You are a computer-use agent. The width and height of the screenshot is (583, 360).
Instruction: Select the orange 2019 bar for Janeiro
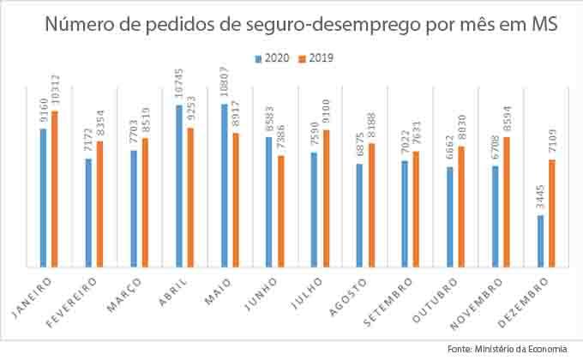(x=54, y=189)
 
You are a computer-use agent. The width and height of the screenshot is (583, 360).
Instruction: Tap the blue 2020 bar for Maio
(x=224, y=185)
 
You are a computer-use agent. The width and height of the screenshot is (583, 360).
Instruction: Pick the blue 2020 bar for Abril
(x=178, y=185)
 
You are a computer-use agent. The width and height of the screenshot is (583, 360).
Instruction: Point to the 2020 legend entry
(x=271, y=59)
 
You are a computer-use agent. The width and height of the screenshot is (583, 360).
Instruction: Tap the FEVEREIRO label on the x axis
(x=86, y=296)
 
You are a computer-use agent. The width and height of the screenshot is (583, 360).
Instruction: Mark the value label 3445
(x=540, y=202)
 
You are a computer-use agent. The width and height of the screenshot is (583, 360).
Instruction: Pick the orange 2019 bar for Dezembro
(x=551, y=213)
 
